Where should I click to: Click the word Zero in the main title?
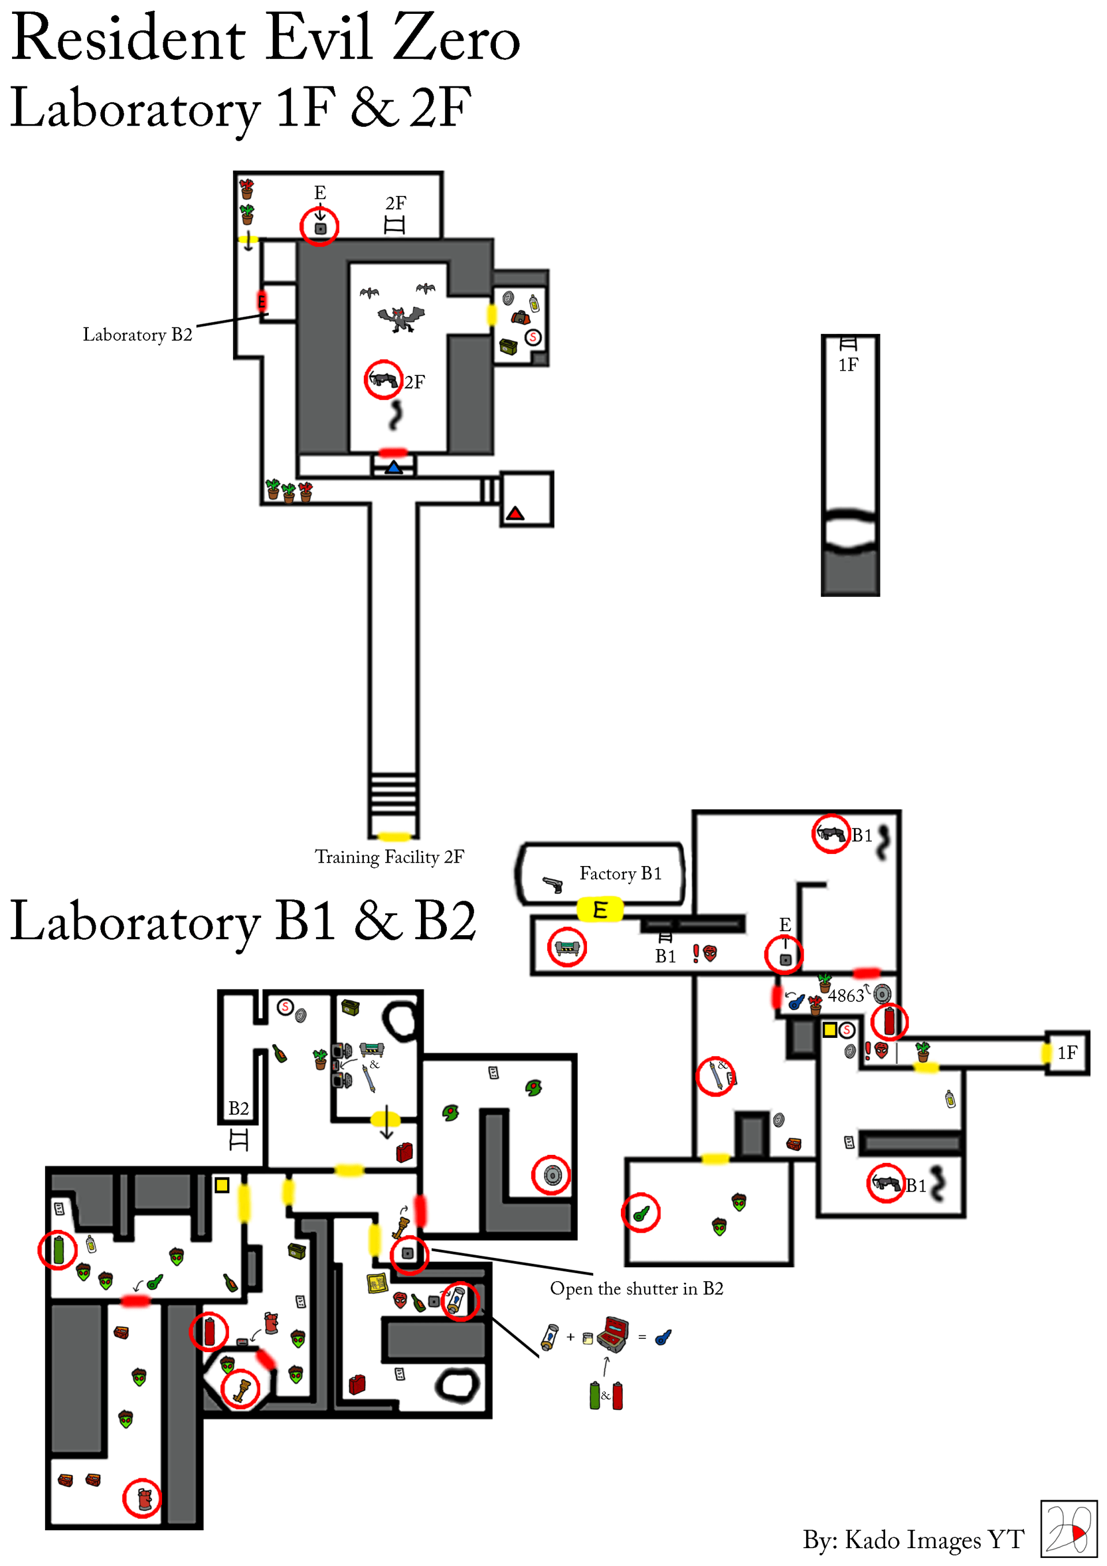(x=455, y=38)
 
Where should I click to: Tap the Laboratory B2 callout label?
(x=138, y=334)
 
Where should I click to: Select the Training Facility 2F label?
(x=389, y=857)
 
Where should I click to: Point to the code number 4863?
(x=846, y=996)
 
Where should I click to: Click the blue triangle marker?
(x=394, y=468)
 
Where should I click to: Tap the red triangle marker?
(x=515, y=513)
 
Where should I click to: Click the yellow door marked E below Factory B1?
(x=600, y=910)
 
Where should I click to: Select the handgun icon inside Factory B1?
(x=552, y=884)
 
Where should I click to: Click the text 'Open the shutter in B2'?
(x=637, y=1289)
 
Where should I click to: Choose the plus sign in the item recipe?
(x=570, y=1337)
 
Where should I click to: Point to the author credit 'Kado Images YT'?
(x=935, y=1540)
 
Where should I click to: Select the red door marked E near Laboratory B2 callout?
(x=261, y=301)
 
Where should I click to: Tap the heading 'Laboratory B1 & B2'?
(x=243, y=921)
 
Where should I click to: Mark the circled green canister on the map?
(x=58, y=1249)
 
